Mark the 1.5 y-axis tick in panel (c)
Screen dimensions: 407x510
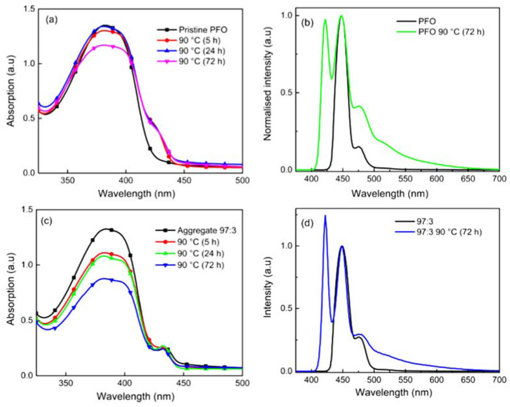[x=25, y=210]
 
